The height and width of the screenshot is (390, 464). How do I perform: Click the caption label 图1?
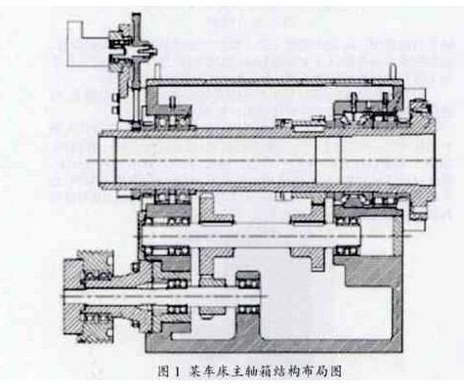(x=167, y=372)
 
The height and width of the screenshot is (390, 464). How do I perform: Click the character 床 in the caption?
(x=211, y=372)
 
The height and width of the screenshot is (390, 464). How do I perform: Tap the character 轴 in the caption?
(x=236, y=372)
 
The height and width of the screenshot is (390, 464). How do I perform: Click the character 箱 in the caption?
(x=249, y=372)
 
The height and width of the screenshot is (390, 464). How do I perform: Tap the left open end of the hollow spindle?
(x=109, y=160)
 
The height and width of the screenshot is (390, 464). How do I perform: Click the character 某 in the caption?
(x=186, y=372)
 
